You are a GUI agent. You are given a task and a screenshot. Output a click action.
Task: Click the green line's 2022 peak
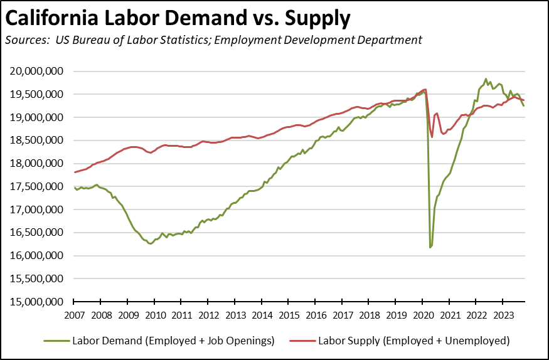tap(486, 79)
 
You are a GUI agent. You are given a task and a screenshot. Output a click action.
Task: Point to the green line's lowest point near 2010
tap(150, 243)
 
